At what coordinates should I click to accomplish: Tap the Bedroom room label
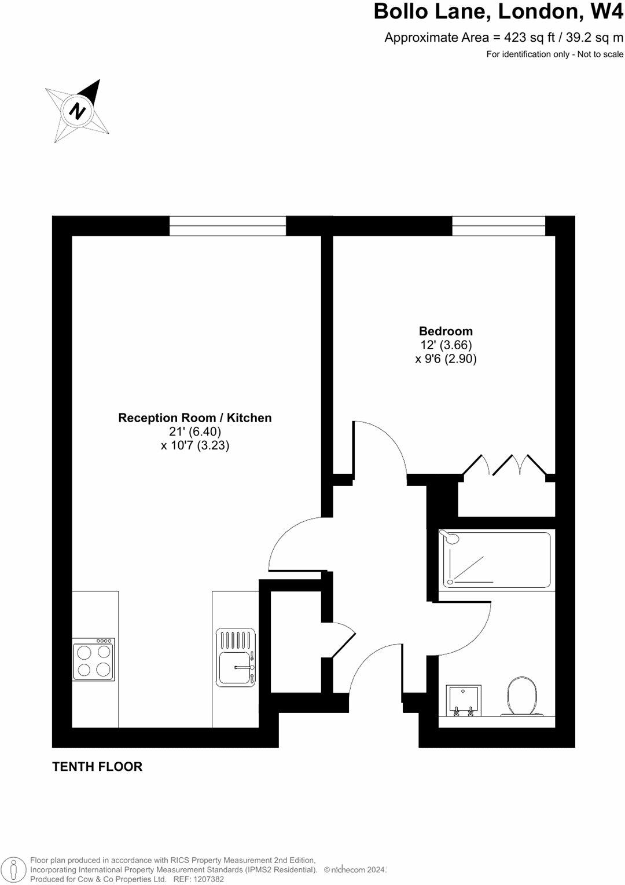[446, 331]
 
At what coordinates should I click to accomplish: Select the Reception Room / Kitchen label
[195, 418]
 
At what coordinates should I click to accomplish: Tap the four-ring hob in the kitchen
[94, 660]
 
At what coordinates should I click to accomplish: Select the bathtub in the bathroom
[495, 559]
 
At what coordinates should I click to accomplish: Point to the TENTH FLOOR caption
[97, 766]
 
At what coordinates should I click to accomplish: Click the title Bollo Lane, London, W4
[498, 12]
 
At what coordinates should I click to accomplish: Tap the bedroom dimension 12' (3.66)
[446, 345]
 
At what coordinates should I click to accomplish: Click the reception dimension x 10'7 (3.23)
[195, 445]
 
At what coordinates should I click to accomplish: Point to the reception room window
[227, 226]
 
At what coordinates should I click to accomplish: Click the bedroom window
[498, 226]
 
